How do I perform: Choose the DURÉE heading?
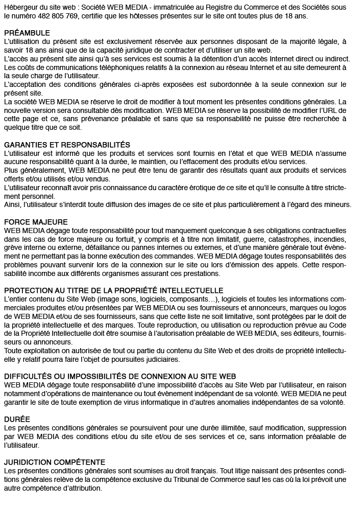17,419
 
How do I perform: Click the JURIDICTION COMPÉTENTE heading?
55,462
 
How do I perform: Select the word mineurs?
338,204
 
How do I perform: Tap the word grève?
13,247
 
